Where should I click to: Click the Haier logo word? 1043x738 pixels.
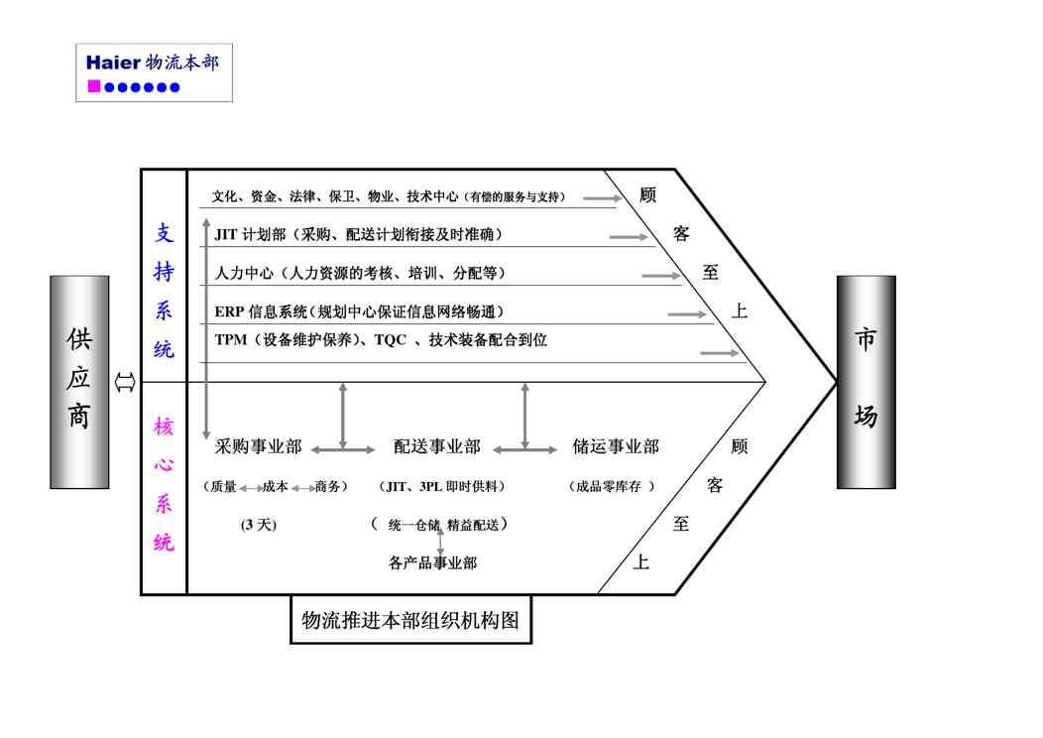[x=113, y=62]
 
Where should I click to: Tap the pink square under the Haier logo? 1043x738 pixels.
[x=94, y=87]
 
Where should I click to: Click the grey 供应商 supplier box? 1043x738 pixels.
[x=79, y=382]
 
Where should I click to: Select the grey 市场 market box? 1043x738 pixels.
[x=866, y=382]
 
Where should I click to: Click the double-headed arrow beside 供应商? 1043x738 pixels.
[x=125, y=382]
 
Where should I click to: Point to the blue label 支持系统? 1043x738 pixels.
[x=164, y=291]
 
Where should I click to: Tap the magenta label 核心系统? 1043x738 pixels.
[x=164, y=485]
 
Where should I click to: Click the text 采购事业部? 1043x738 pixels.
[x=258, y=447]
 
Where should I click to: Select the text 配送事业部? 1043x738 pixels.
[x=436, y=447]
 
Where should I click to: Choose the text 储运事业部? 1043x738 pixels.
[x=616, y=447]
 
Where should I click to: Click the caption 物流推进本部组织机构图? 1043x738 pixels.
[x=410, y=621]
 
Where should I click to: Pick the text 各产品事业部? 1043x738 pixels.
[x=432, y=563]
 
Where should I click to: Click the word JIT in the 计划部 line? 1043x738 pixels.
[x=225, y=235]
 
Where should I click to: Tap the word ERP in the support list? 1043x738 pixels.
[x=229, y=311]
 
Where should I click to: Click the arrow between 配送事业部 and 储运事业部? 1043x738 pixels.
[x=525, y=450]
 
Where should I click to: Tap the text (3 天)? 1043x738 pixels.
[x=258, y=525]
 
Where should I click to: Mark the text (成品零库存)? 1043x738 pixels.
[x=612, y=487]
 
